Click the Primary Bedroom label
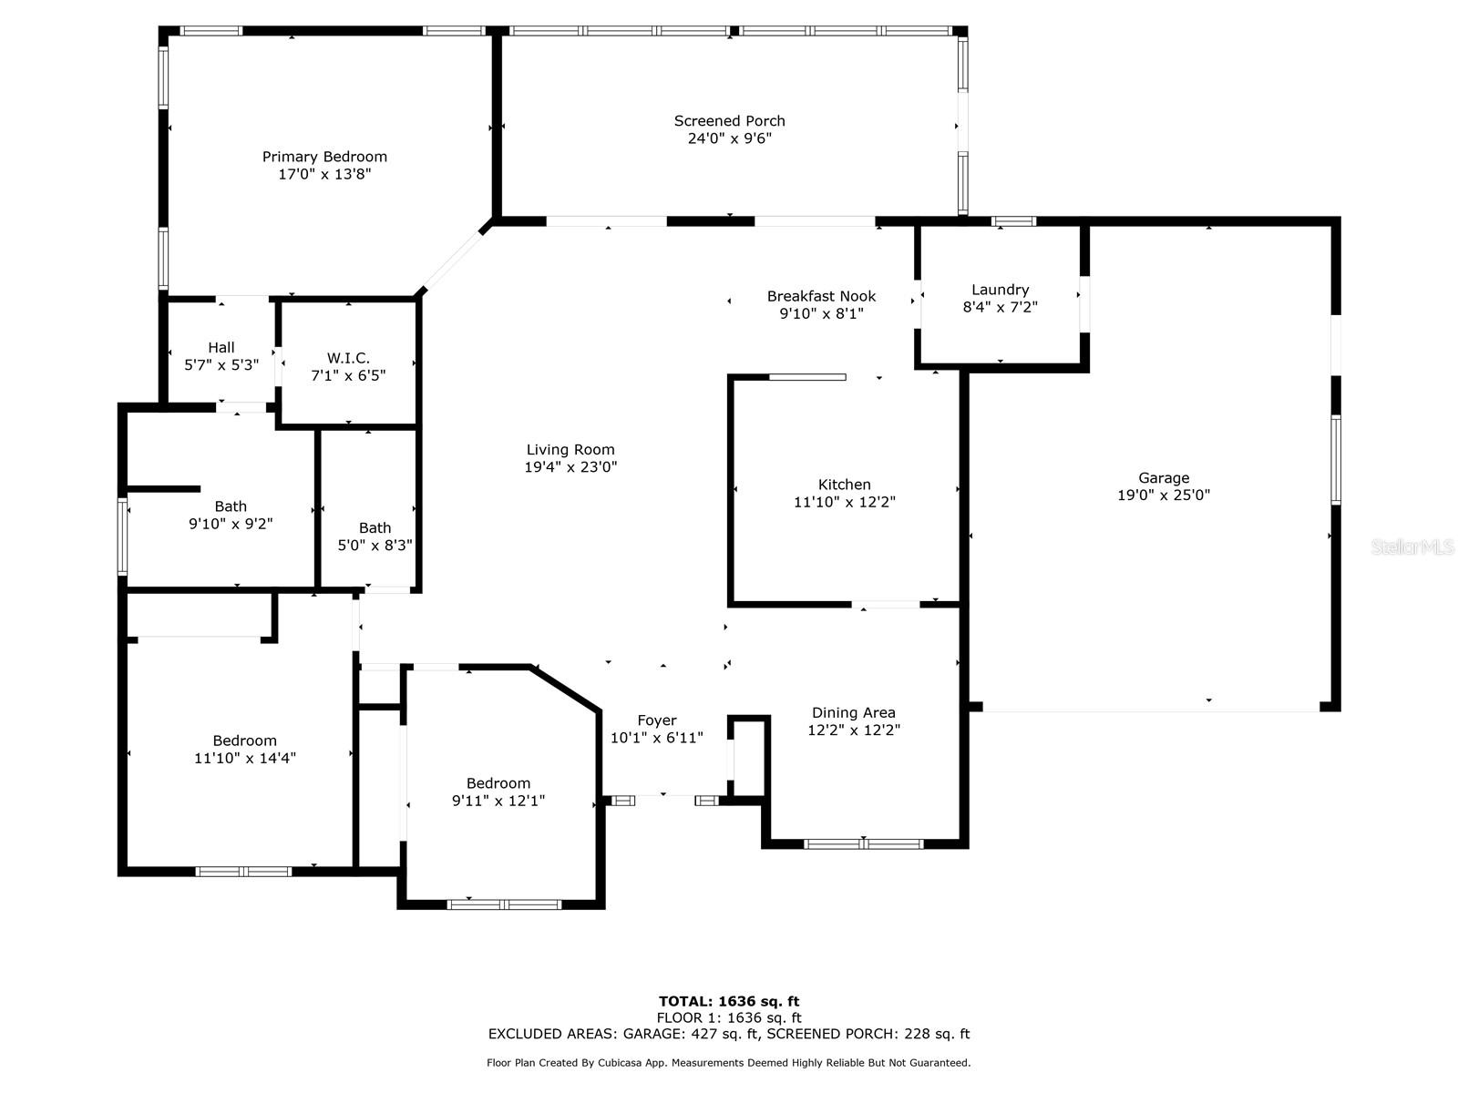tap(324, 157)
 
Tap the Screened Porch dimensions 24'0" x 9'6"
tap(729, 138)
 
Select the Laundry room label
tap(1000, 290)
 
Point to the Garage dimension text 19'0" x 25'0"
tap(1163, 495)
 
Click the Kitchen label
tap(844, 485)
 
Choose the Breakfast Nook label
tap(821, 296)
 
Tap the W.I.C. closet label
tap(348, 358)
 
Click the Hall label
tap(221, 348)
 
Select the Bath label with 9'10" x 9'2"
tap(231, 506)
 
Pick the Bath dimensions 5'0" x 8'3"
tap(375, 545)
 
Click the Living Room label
tap(570, 450)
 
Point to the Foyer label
tap(657, 720)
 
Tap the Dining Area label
tap(854, 713)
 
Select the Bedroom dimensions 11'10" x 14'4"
tap(244, 758)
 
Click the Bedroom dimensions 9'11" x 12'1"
tap(498, 801)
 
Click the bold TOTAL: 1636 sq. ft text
tap(729, 1001)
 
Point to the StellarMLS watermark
tap(1412, 546)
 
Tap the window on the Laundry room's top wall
tap(1013, 221)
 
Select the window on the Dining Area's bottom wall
tap(864, 844)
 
